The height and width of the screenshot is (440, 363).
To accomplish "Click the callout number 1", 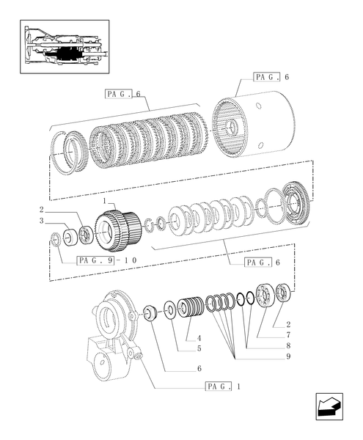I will (x=106, y=201).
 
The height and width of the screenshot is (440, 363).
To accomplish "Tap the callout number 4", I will (x=199, y=337).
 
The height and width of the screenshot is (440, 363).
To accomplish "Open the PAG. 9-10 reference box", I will (x=103, y=260).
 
